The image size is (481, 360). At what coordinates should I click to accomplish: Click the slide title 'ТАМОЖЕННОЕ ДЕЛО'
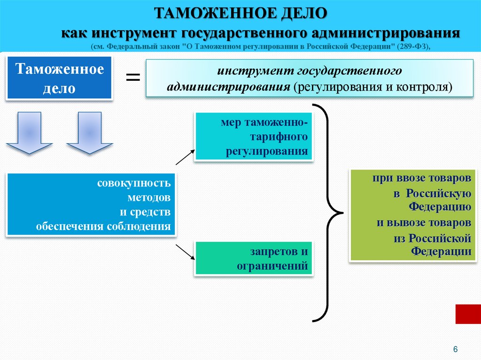tap(240, 13)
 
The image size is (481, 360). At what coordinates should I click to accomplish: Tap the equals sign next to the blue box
tap(132, 77)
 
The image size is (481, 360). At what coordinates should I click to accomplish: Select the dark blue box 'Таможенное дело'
tap(59, 78)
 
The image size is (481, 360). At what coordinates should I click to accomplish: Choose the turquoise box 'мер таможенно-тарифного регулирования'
tap(254, 137)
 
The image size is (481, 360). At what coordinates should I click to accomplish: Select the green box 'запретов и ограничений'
tap(254, 258)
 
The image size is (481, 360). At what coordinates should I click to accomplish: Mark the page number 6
tap(455, 349)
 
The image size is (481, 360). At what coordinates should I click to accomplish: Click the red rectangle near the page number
tap(468, 314)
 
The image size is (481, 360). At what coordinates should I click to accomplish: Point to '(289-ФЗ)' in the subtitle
tap(412, 47)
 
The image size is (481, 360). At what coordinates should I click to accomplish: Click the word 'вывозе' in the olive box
tap(407, 222)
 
